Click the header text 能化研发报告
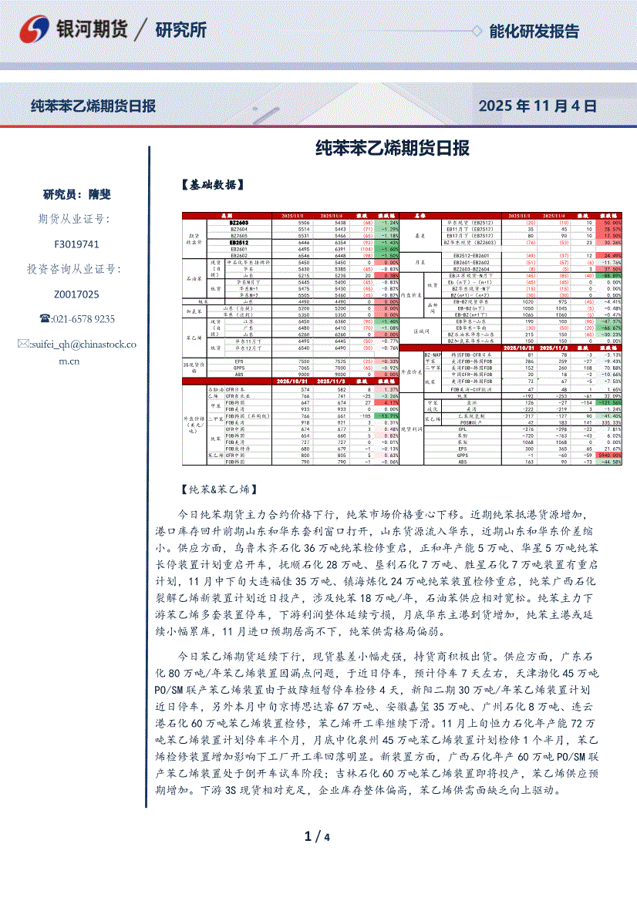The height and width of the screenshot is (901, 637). [x=534, y=31]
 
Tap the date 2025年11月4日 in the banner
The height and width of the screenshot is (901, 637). [x=537, y=106]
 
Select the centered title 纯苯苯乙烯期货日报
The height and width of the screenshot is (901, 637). [x=393, y=147]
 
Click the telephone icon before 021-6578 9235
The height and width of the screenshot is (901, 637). [x=45, y=319]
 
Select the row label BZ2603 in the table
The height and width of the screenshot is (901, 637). [x=238, y=223]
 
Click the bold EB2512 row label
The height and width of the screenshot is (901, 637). [x=238, y=242]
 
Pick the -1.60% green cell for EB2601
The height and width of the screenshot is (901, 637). [x=387, y=249]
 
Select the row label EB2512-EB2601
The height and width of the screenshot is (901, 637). [x=473, y=255]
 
